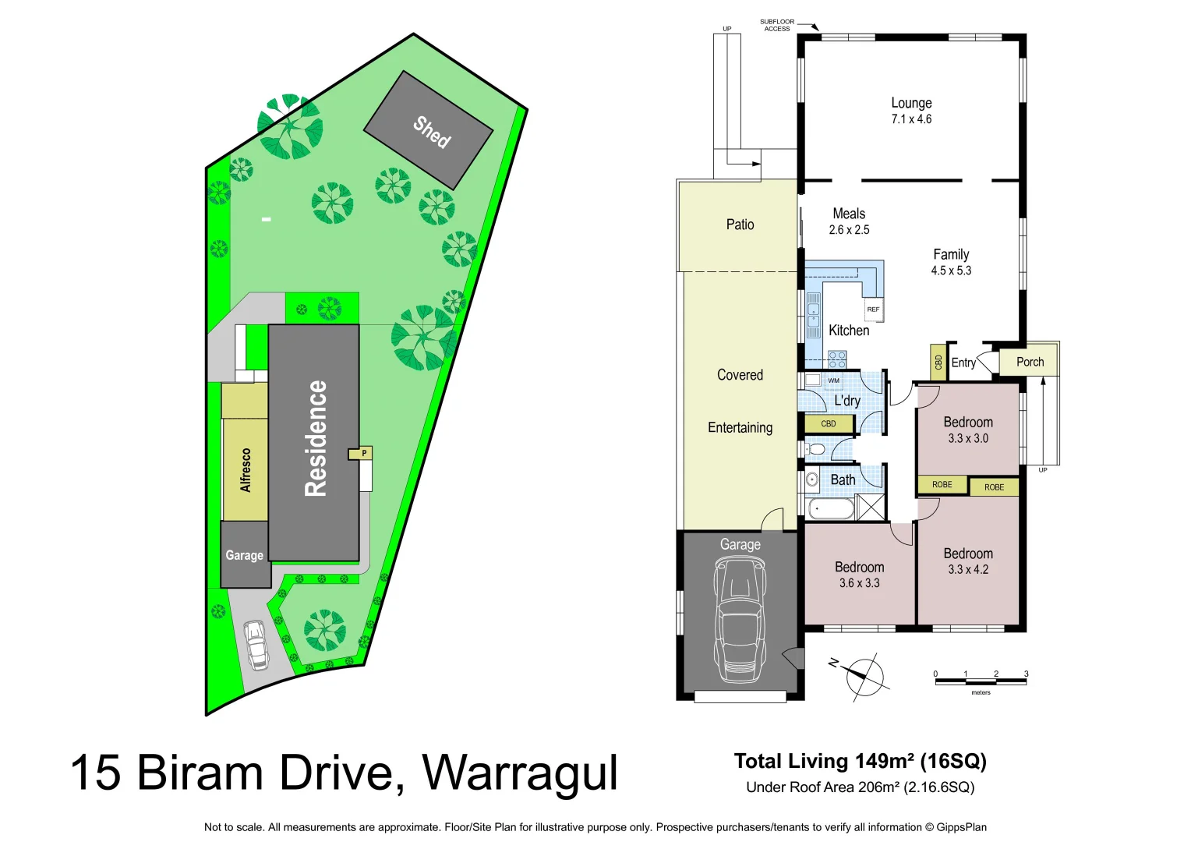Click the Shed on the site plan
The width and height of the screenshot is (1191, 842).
[429, 130]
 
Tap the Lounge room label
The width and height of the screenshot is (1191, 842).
[911, 103]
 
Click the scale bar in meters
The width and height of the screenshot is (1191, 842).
[981, 681]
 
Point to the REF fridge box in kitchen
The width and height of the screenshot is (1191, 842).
[873, 310]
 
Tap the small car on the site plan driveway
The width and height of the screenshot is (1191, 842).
[256, 645]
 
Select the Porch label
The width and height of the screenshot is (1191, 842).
[1030, 362]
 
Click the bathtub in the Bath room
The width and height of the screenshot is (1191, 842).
[831, 510]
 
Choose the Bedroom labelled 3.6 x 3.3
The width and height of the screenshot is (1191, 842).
[859, 575]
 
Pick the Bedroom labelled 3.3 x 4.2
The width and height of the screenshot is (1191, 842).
[968, 561]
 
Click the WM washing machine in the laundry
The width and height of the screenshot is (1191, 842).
[833, 380]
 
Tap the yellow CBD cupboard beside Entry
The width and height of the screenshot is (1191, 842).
[938, 363]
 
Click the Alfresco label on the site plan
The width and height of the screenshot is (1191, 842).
[246, 470]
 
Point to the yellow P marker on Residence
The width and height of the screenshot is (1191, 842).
[363, 453]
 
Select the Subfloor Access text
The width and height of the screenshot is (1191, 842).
[776, 25]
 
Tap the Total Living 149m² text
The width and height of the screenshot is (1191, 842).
[860, 761]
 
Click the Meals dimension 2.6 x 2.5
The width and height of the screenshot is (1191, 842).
[849, 230]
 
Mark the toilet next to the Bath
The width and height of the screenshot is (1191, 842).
[816, 450]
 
